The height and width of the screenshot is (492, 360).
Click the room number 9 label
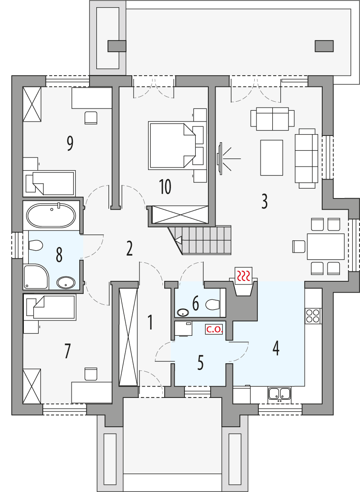pos(70,143)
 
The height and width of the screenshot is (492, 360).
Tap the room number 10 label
pos(165,186)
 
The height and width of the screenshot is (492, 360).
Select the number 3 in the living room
pos(265,201)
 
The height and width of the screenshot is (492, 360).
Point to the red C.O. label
pos(214,330)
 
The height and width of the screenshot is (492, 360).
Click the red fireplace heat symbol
pos(244,275)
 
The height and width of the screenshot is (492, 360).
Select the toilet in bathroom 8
pos(35,246)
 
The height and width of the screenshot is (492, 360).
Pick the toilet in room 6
pos(212,305)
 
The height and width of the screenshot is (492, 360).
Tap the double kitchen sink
pos(279,394)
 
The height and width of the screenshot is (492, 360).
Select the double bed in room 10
pos(171,144)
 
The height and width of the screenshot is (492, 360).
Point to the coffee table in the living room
pos(271,158)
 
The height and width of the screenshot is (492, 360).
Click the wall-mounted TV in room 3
pos(220,158)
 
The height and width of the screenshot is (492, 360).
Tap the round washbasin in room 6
pos(183,312)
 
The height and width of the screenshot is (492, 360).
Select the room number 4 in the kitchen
pos(276,348)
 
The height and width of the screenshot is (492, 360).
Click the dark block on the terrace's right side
pos(324,45)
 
